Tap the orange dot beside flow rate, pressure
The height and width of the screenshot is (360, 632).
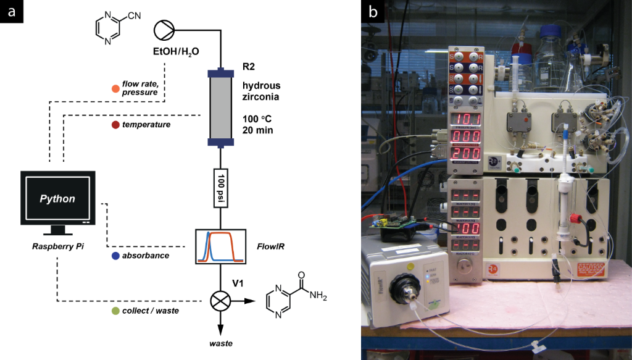coord(115,88)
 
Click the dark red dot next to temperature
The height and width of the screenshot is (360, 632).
coord(115,125)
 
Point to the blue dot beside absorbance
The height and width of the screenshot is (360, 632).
coord(115,255)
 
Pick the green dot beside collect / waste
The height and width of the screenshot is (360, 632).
coord(115,311)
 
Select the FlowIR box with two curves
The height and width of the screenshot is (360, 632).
coord(220,246)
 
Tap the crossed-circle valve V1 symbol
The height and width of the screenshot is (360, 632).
coord(220,301)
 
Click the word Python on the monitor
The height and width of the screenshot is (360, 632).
coord(57,199)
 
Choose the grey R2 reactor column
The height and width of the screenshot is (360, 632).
coord(220,108)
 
